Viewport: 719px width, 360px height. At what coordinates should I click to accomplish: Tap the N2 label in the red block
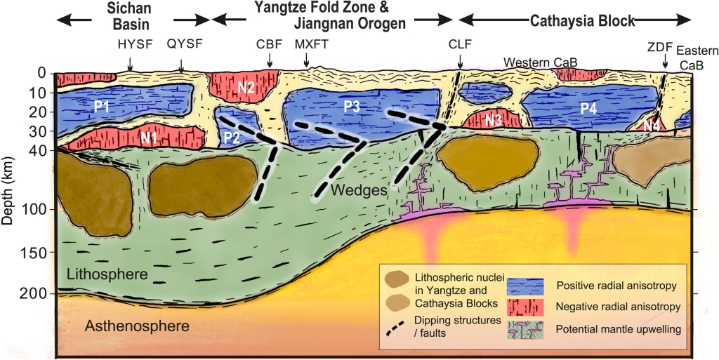(246, 88)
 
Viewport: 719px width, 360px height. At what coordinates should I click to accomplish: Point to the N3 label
(494, 120)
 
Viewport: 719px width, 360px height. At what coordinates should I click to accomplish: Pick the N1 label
(148, 138)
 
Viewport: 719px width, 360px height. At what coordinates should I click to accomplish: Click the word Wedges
(351, 190)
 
